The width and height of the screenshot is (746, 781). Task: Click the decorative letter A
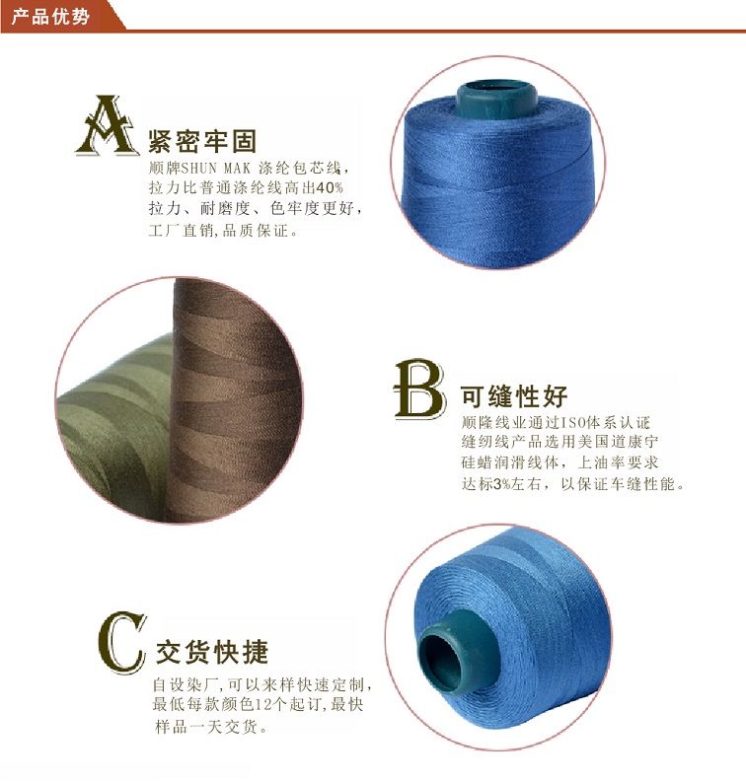(x=108, y=125)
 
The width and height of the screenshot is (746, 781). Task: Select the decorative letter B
(x=420, y=389)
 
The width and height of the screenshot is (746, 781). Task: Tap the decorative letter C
(x=122, y=642)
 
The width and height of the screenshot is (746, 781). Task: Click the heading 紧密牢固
(x=202, y=141)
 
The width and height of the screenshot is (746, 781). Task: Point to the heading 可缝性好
(x=514, y=396)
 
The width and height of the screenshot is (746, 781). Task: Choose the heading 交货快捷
(x=212, y=652)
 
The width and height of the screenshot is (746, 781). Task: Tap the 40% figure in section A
(x=330, y=187)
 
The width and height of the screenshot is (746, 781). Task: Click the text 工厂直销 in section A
(x=181, y=231)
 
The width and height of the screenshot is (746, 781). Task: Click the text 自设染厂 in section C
(x=185, y=685)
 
